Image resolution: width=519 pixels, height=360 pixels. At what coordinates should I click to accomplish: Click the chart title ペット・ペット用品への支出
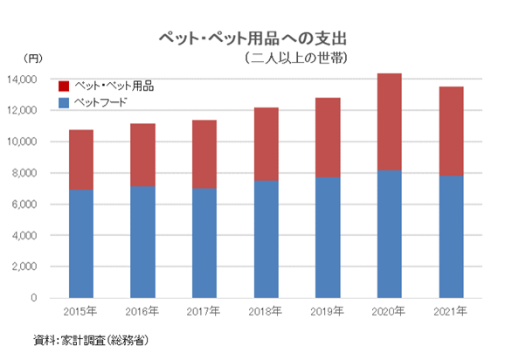258,39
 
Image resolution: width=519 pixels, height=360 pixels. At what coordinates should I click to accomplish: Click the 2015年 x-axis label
80,311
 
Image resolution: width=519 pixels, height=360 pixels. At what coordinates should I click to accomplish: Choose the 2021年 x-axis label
451,311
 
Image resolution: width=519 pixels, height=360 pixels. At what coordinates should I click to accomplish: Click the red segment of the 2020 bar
389,121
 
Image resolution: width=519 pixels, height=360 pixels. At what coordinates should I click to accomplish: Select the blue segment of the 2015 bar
80,244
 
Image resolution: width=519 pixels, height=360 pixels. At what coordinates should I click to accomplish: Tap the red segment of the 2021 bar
451,131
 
